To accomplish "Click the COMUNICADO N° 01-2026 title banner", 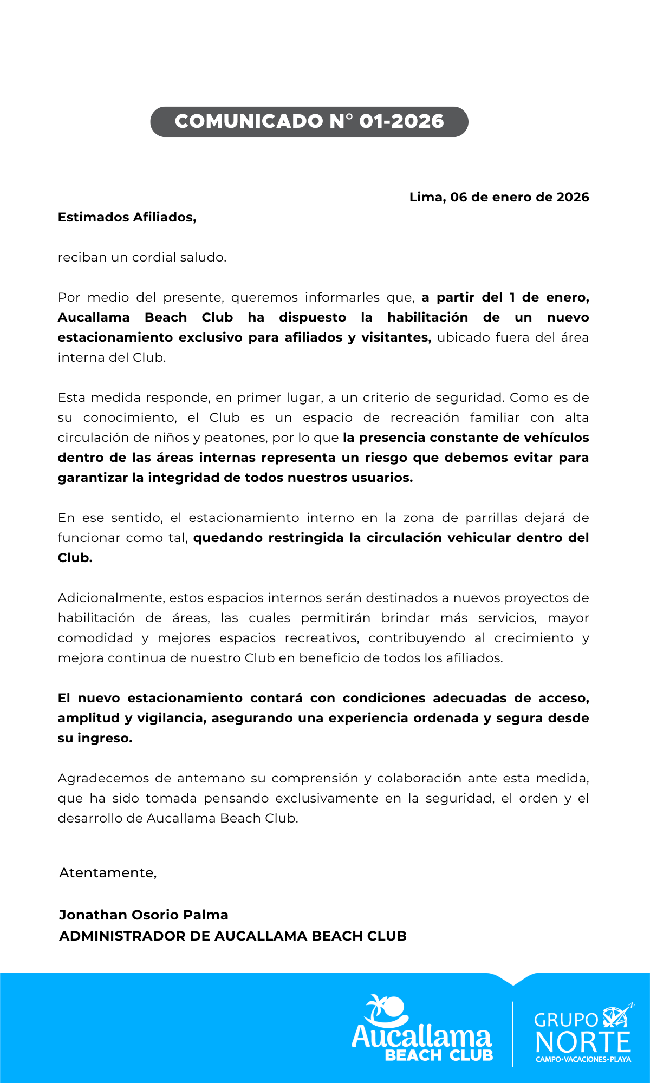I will [x=309, y=121].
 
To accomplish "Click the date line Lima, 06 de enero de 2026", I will [x=499, y=197].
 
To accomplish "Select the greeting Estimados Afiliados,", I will [x=127, y=217].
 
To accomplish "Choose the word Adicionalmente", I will [x=111, y=598].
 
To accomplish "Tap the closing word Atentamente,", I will [x=108, y=873].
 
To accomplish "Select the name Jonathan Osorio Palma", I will [x=144, y=915].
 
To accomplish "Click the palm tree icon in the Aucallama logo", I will [x=386, y=1010].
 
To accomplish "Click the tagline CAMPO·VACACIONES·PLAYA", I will [x=583, y=1059].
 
